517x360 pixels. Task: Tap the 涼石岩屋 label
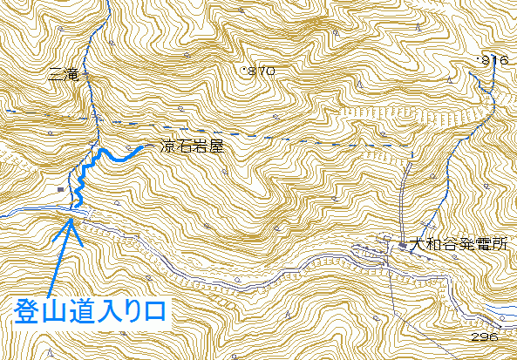(192, 147)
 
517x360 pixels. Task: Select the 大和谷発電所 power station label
(459, 245)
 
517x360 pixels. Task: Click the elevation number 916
(494, 60)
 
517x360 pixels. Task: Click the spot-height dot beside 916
(479, 57)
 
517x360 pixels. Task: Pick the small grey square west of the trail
(59, 187)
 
